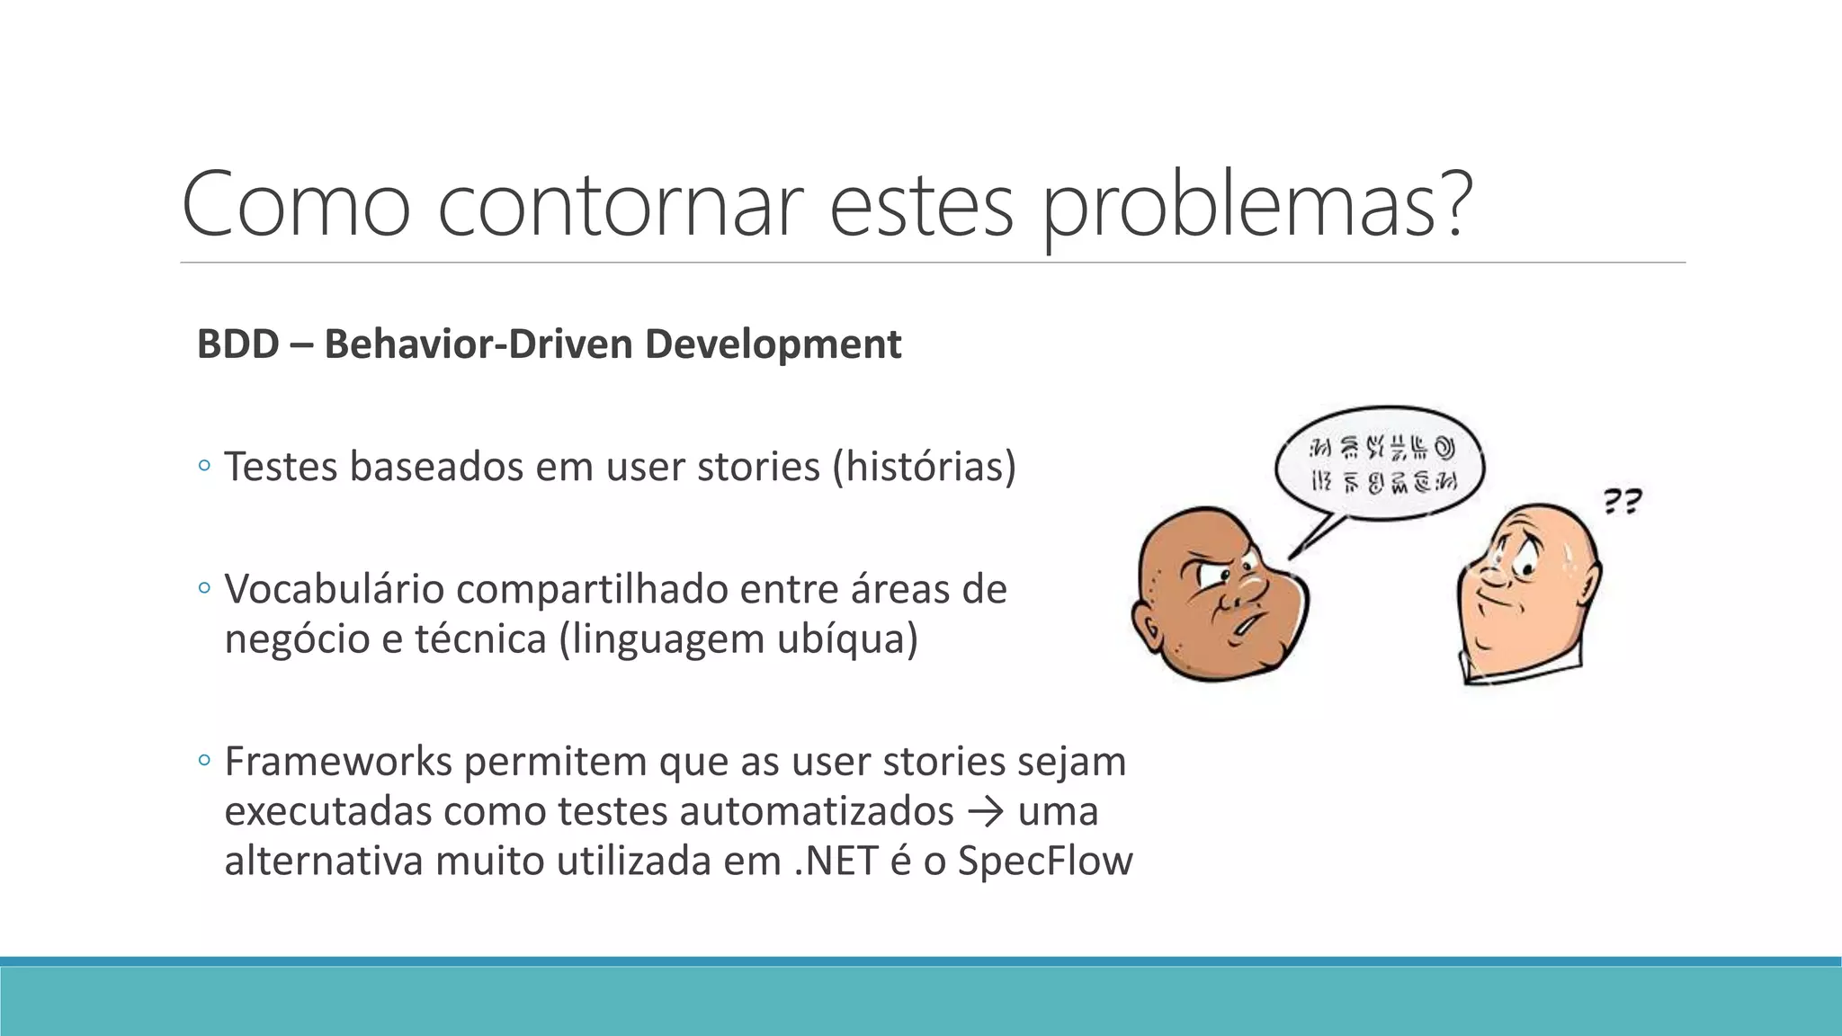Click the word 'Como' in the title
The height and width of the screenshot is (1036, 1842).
(x=296, y=204)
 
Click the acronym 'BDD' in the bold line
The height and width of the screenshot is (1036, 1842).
(x=237, y=344)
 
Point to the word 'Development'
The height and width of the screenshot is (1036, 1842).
(x=773, y=344)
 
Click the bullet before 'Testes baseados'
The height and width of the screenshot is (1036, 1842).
(x=204, y=466)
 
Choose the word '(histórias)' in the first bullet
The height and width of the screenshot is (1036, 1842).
(x=924, y=466)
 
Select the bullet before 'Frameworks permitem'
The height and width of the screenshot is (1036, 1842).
(x=204, y=761)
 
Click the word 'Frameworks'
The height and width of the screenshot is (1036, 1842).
(x=337, y=762)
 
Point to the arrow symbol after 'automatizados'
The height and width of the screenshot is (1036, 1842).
(x=985, y=812)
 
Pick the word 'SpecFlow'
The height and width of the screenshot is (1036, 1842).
(x=1044, y=861)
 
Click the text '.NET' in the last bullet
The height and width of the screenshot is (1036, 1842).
(x=836, y=861)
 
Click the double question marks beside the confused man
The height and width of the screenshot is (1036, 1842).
(x=1623, y=501)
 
